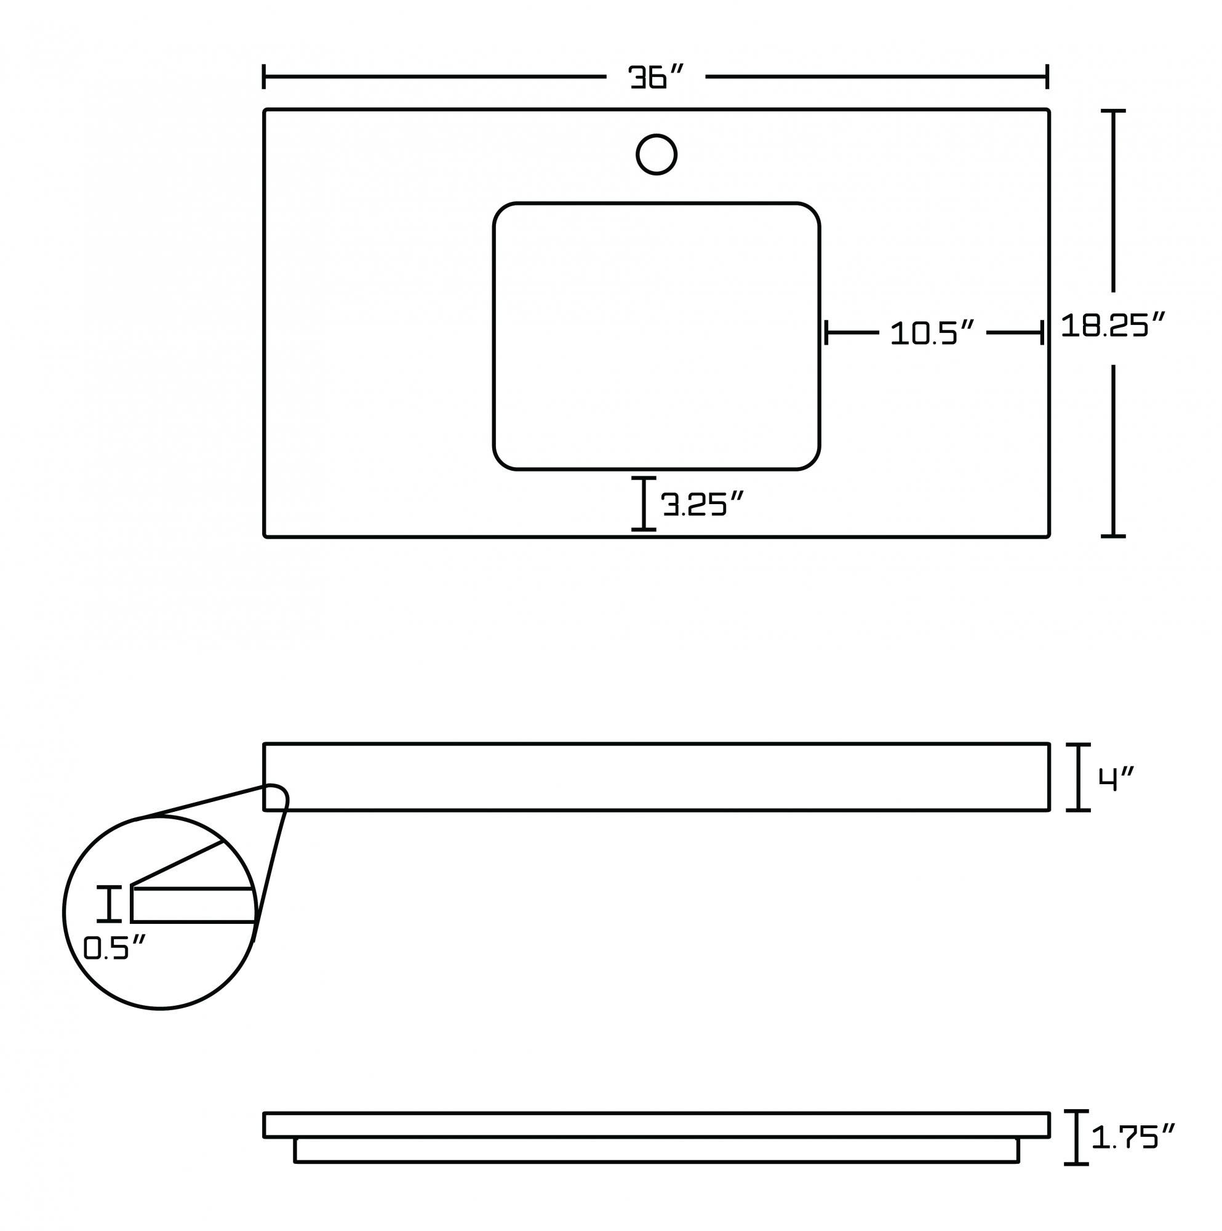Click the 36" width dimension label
(x=655, y=77)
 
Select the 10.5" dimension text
(x=932, y=332)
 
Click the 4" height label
(x=1116, y=778)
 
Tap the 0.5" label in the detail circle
(x=114, y=948)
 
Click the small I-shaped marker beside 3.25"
(x=644, y=503)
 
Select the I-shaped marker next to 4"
(x=1077, y=777)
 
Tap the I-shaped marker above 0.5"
(x=109, y=904)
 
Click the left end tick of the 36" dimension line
(x=264, y=76)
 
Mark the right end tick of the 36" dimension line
(x=1047, y=76)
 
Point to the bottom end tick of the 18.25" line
(x=1112, y=536)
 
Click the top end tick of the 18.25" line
(x=1112, y=111)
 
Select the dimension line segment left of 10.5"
(x=852, y=332)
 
